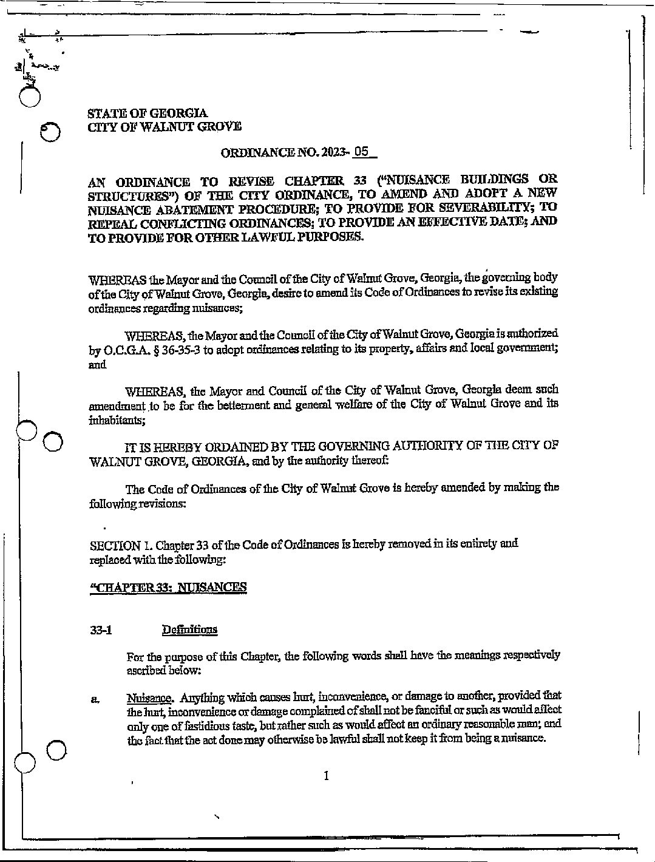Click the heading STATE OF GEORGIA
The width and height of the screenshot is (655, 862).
(148, 113)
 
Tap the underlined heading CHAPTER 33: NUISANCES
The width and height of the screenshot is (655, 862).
(168, 587)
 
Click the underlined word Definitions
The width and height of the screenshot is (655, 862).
(189, 630)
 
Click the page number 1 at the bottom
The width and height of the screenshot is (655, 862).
(327, 776)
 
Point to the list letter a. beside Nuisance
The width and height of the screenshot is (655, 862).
(95, 699)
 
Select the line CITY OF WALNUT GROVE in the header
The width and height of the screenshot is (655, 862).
(164, 127)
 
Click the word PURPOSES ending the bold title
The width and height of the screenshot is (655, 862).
(329, 236)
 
